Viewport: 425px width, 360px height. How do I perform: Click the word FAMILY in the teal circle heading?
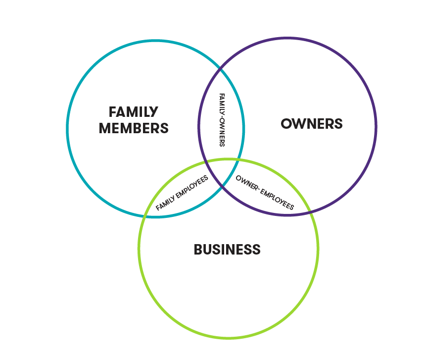pyautogui.click(x=134, y=112)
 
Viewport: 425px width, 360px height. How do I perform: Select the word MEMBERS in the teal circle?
pyautogui.click(x=134, y=128)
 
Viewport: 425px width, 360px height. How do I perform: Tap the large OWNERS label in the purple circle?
pyautogui.click(x=312, y=124)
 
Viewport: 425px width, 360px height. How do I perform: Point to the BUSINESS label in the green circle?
pyautogui.click(x=227, y=250)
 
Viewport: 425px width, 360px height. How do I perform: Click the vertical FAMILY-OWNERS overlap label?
pyautogui.click(x=222, y=120)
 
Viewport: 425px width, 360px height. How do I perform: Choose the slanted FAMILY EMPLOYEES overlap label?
pyautogui.click(x=182, y=193)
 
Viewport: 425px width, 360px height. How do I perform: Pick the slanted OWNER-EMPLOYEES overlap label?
pyautogui.click(x=265, y=193)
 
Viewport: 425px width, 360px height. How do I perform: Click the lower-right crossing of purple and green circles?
pyautogui.click(x=310, y=211)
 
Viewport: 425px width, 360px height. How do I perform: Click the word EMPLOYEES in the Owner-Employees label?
pyautogui.click(x=278, y=199)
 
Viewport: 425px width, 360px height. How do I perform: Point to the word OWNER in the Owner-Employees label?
pyautogui.click(x=246, y=183)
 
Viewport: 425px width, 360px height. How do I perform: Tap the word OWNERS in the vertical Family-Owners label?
pyautogui.click(x=222, y=132)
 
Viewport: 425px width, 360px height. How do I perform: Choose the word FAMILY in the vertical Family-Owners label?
pyautogui.click(x=222, y=103)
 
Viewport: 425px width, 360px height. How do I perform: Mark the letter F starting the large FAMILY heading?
pyautogui.click(x=112, y=112)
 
